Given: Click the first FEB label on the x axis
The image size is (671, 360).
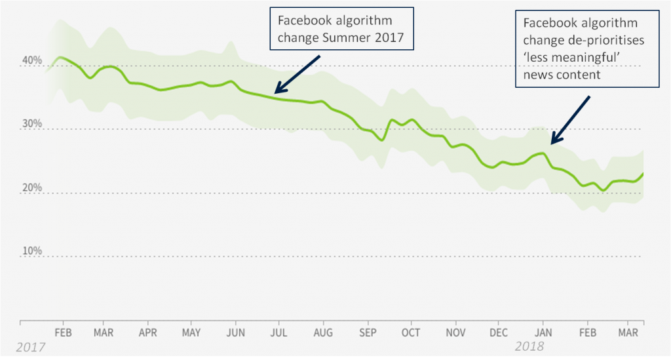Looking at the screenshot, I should click(63, 332).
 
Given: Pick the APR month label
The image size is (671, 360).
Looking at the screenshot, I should click(149, 332).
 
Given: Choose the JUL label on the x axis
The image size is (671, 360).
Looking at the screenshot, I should click(280, 332).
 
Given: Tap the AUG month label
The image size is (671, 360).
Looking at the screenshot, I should click(324, 332).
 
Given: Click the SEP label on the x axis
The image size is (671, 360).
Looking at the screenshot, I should click(368, 332).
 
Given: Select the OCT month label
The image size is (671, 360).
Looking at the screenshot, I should click(411, 332).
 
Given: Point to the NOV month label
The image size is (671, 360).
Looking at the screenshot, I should click(455, 332).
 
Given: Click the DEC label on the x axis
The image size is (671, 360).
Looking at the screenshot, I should click(499, 332).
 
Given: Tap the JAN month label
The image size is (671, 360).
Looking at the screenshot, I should click(543, 332).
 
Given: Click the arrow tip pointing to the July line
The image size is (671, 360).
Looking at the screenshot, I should click(276, 92).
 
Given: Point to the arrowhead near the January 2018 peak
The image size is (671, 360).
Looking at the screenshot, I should click(552, 142).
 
